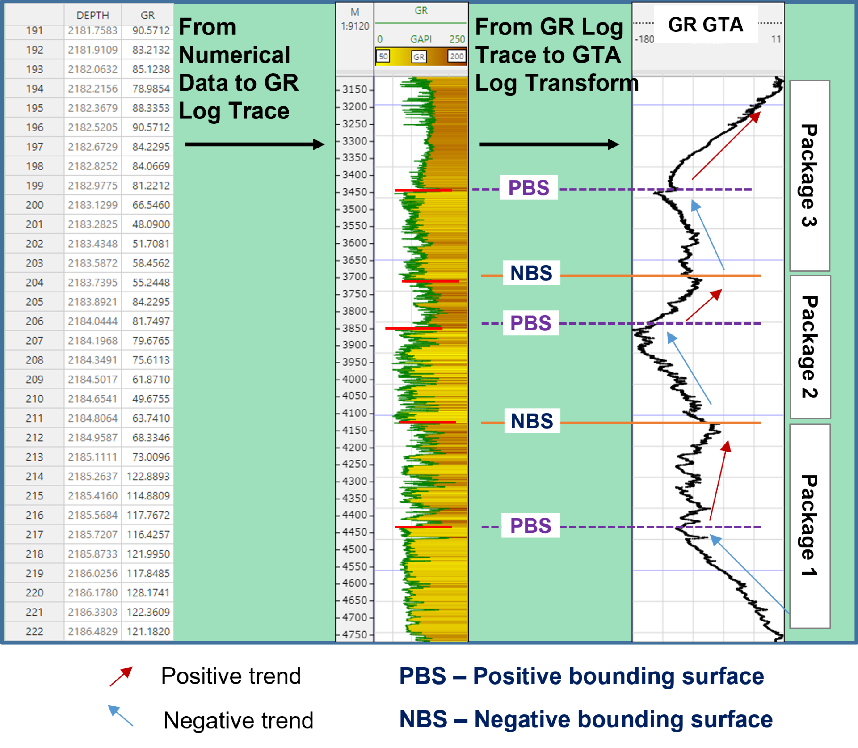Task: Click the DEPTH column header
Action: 93,15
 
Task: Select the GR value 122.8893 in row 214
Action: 148,476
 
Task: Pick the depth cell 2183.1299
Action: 93,205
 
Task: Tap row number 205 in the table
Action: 34,302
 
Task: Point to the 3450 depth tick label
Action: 354,192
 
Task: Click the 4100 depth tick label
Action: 354,413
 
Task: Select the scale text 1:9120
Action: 355,26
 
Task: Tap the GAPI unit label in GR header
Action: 421,39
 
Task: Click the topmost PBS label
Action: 529,188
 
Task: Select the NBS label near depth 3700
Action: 531,273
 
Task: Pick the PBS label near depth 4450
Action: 530,525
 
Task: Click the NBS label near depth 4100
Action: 532,421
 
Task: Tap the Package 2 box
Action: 810,347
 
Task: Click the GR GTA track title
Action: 706,25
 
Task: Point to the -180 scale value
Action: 644,39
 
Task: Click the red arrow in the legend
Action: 121,676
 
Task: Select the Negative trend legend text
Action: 239,720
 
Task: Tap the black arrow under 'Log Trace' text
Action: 254,144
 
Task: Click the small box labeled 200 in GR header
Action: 456,56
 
